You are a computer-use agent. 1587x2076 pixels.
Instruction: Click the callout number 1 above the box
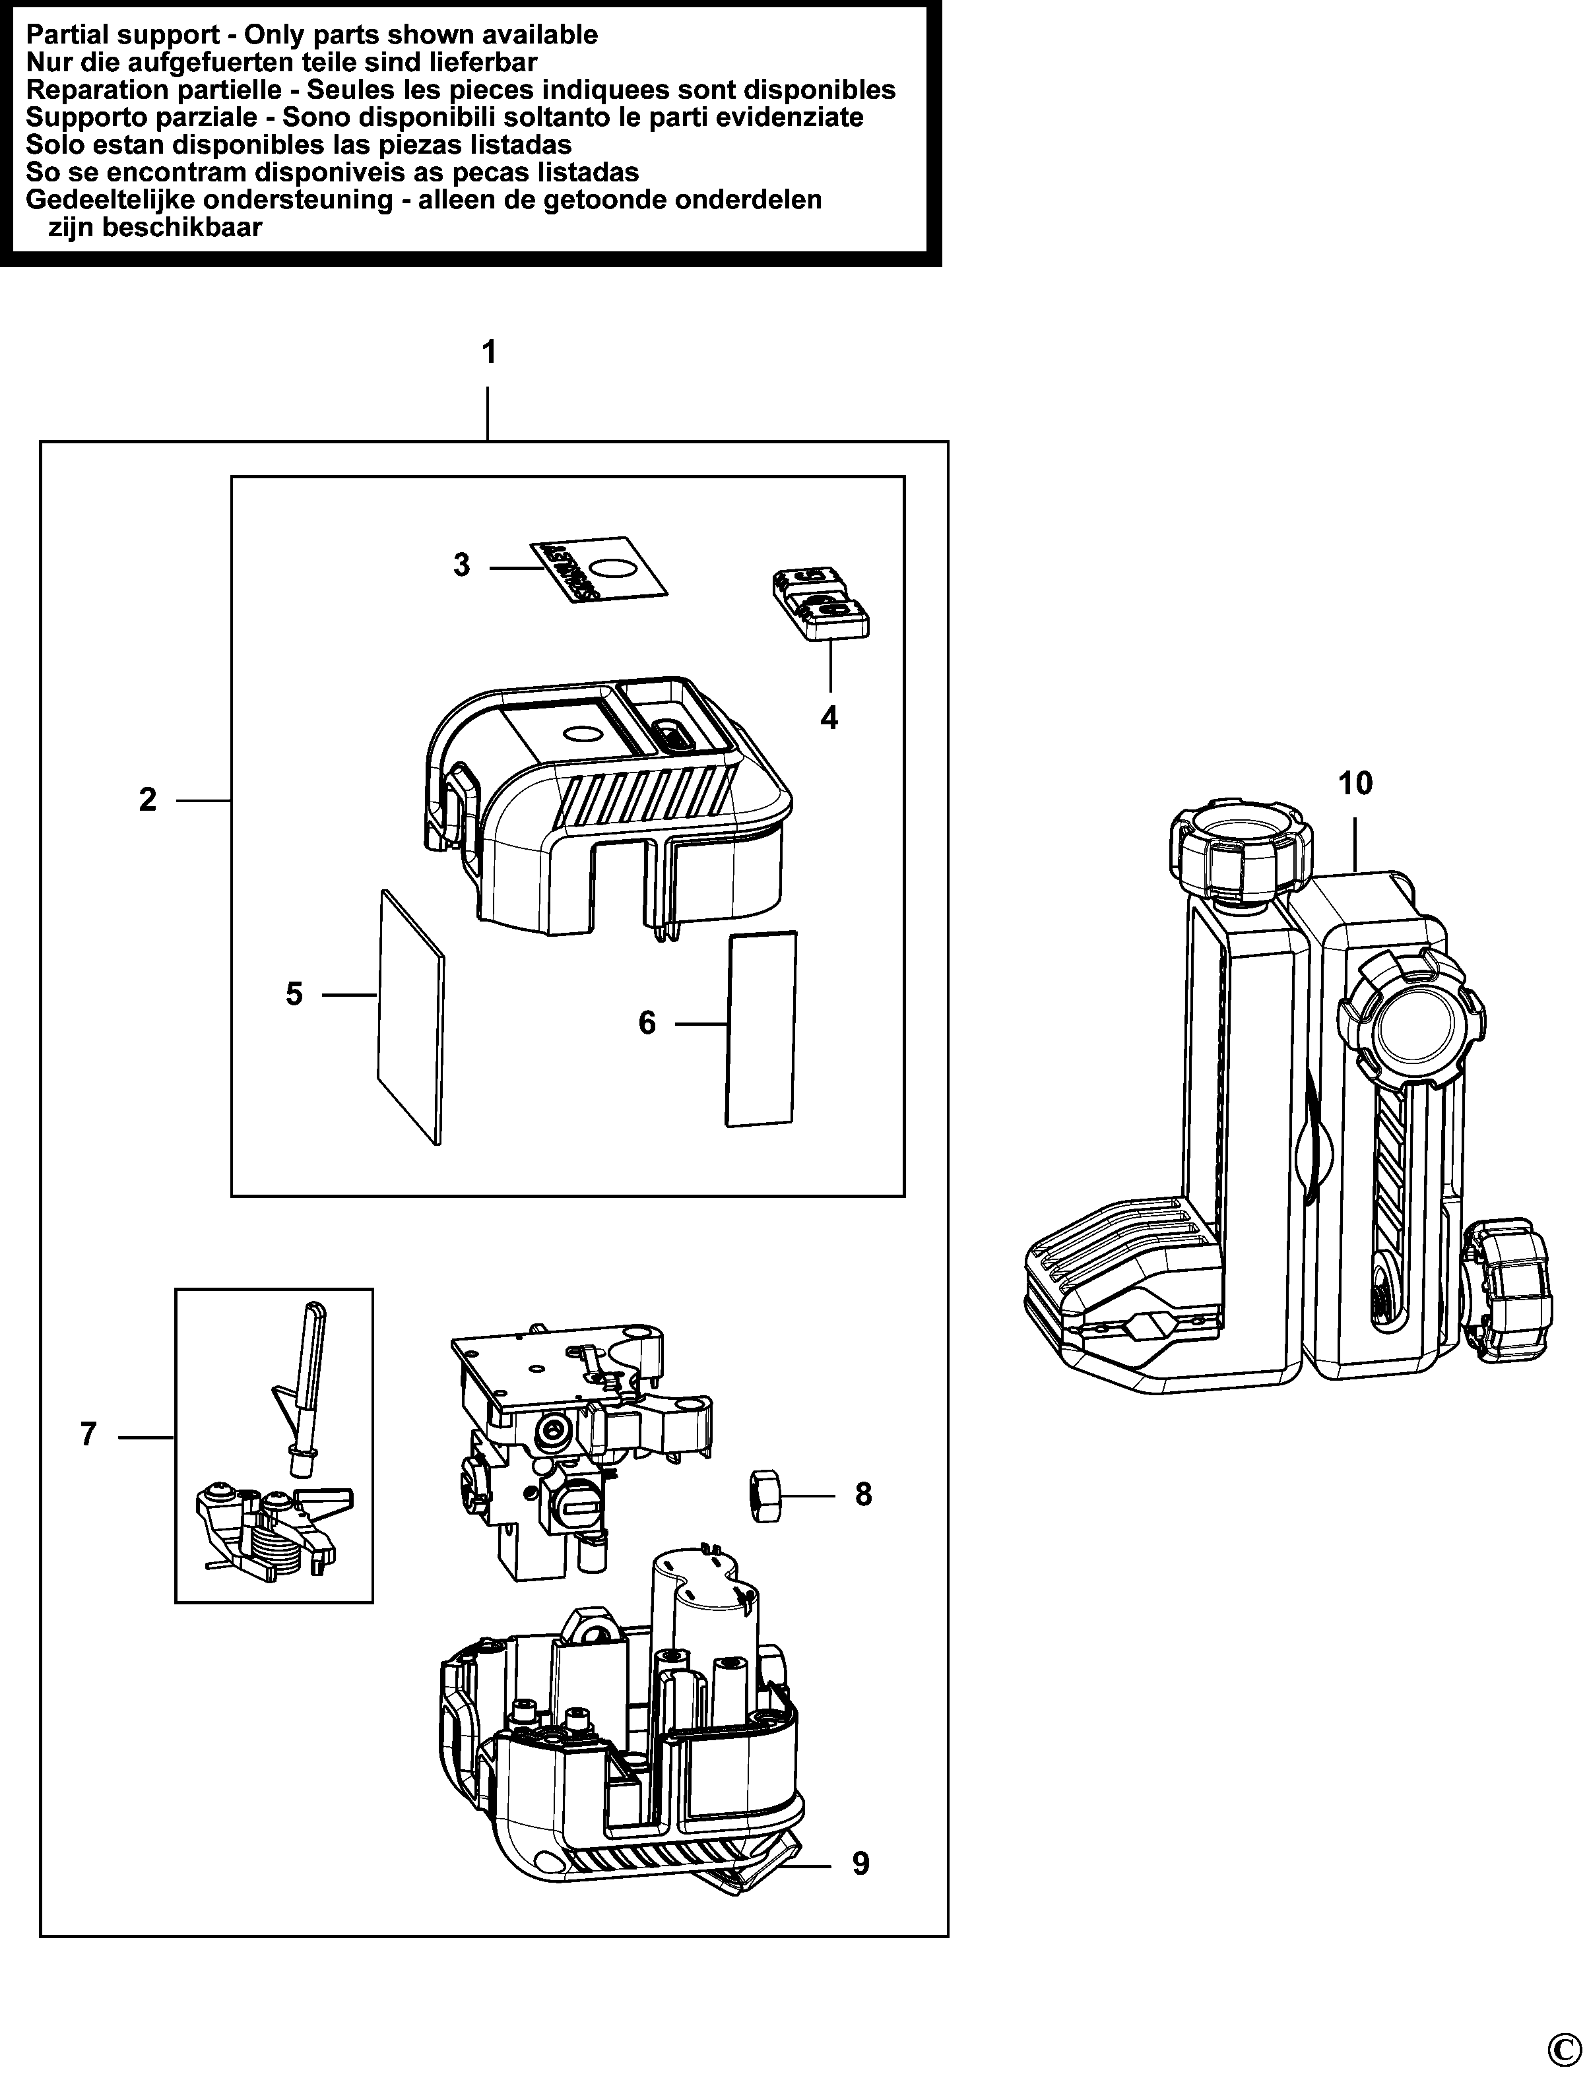(488, 353)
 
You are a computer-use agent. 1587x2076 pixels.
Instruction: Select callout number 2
(147, 800)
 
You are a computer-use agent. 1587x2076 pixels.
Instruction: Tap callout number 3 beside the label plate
(461, 566)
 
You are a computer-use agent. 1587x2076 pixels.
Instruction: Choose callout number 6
(647, 1023)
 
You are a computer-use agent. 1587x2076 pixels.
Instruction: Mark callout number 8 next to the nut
(863, 1495)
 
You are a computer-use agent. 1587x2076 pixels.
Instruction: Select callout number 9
(860, 1864)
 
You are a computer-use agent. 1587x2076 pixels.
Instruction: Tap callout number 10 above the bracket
(1355, 783)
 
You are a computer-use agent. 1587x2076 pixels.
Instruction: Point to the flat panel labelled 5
(410, 1015)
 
